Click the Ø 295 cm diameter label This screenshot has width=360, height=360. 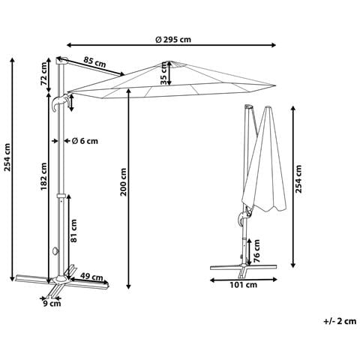[173, 40]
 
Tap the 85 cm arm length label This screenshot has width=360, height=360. [94, 62]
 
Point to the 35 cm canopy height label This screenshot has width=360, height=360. [163, 73]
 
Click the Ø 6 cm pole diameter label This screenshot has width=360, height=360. [85, 141]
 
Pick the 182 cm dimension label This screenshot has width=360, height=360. [43, 176]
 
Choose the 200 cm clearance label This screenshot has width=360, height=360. [124, 181]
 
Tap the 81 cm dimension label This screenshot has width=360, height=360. [74, 231]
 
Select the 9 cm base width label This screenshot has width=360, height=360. [52, 304]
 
